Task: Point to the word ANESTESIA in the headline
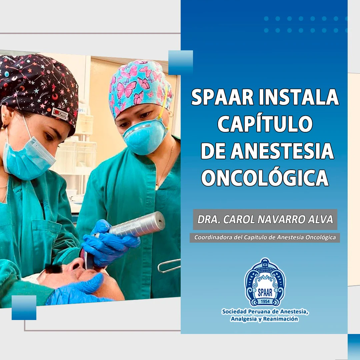282,151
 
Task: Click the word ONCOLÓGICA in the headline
265,178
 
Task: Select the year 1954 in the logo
265,301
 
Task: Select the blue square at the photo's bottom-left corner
24,307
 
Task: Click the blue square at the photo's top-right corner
181,63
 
